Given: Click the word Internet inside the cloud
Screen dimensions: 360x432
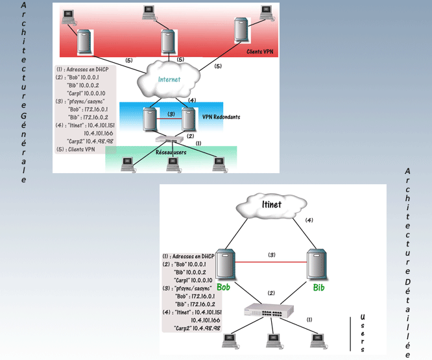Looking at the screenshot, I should click(x=169, y=80).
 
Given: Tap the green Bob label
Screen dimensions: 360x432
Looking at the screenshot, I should click(x=224, y=286).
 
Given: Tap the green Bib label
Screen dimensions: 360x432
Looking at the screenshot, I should click(x=318, y=286).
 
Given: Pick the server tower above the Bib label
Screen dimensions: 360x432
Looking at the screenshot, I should click(x=316, y=265).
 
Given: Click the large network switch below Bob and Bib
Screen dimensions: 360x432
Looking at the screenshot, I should click(x=271, y=311).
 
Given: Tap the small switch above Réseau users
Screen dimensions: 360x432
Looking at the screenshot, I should click(x=170, y=140).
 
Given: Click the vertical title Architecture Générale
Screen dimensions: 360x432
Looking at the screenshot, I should click(x=24, y=91).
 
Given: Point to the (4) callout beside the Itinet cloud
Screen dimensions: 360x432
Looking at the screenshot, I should click(x=309, y=220).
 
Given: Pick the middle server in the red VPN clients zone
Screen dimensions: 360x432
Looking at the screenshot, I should click(x=168, y=42).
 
